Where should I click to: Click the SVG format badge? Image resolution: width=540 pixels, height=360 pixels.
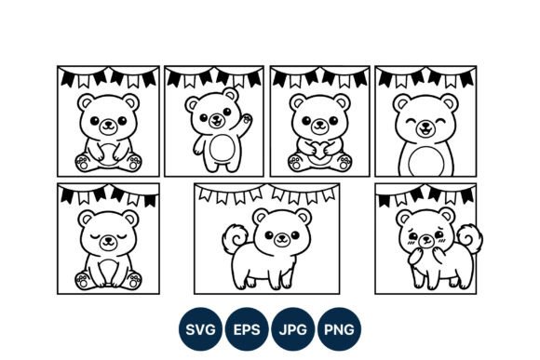[200, 329]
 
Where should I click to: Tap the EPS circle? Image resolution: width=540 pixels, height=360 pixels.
[247, 329]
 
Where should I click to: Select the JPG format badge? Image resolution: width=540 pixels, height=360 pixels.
[292, 329]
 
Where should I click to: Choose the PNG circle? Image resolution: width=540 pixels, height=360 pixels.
[339, 329]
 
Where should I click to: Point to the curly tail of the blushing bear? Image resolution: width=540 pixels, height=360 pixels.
[471, 238]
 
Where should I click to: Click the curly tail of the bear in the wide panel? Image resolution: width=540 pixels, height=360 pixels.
[236, 238]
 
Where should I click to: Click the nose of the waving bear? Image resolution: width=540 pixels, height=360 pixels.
[217, 116]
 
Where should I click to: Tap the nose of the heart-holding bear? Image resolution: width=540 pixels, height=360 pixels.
[319, 123]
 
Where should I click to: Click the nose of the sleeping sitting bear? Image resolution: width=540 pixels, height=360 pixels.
[108, 239]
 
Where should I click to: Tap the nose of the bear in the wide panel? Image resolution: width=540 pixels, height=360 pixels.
[282, 237]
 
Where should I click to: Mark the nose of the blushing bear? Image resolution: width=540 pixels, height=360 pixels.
[426, 238]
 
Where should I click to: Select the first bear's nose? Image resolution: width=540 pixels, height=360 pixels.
[108, 123]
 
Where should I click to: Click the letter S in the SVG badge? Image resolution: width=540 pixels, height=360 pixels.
[190, 329]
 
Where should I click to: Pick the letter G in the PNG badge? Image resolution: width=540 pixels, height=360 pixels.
[349, 329]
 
